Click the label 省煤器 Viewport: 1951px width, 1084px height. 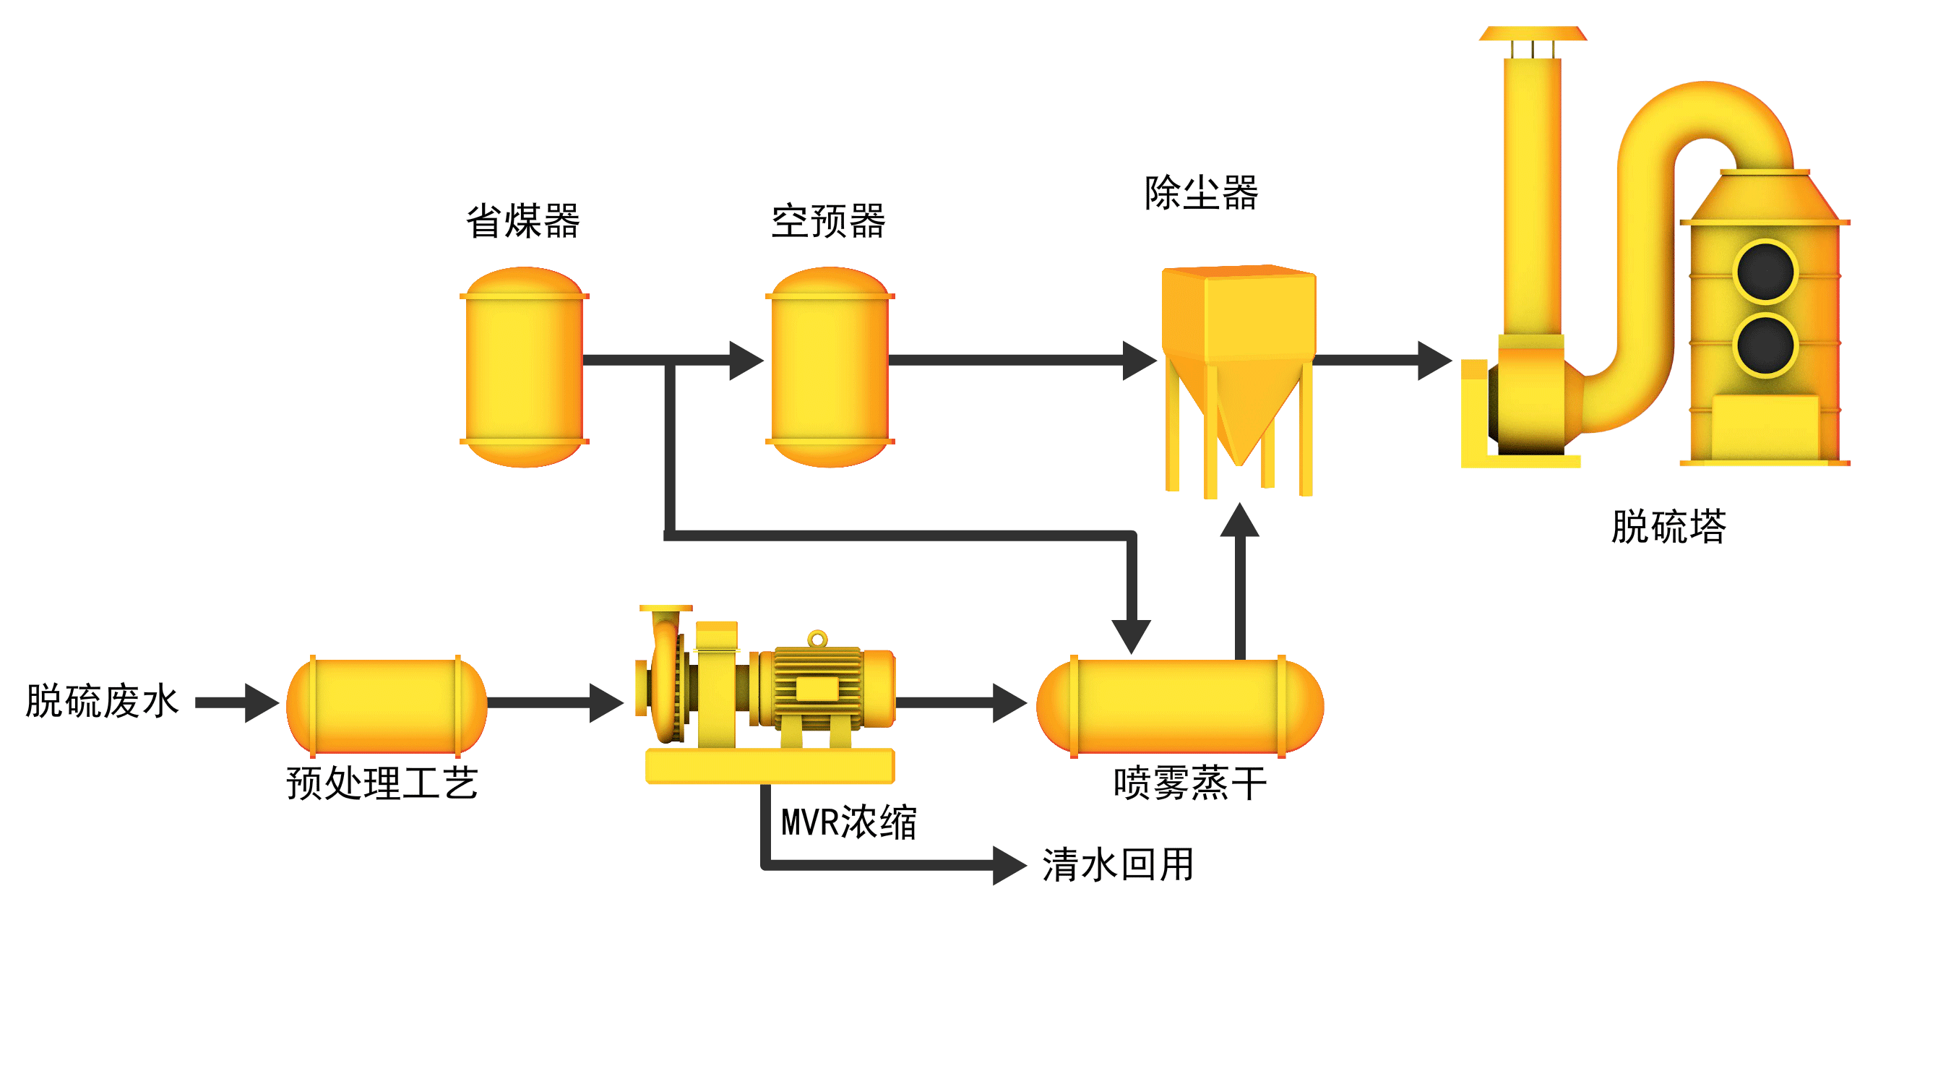coord(522,221)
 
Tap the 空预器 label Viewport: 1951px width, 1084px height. coord(828,221)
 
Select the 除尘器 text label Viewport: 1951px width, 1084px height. coord(1201,192)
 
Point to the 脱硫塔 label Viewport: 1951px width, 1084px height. coord(1668,527)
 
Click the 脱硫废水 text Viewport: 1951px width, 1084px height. coord(102,701)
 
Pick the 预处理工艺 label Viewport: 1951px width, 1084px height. coord(382,783)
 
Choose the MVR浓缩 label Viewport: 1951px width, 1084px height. coord(849,822)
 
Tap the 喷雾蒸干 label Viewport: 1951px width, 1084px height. coord(1190,783)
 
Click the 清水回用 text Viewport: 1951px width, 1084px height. coord(1118,864)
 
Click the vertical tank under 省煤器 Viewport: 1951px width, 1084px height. coord(524,367)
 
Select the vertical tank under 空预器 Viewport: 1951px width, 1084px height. coord(830,367)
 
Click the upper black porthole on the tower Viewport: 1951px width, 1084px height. coord(1765,271)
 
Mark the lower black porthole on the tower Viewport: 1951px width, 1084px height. coord(1765,345)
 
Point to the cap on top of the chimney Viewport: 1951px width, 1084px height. coord(1532,33)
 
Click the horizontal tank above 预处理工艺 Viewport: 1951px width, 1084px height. coord(387,706)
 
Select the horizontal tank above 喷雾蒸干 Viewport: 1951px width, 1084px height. coord(1179,706)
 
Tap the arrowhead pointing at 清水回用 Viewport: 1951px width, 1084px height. coord(1009,865)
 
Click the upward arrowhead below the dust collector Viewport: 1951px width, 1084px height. coord(1239,521)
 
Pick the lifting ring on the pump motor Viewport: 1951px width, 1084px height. coord(817,639)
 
